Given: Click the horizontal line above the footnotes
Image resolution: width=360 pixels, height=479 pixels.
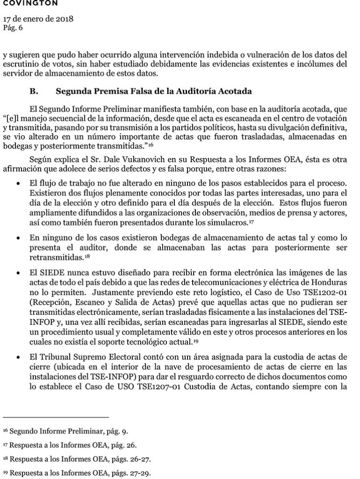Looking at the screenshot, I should point(56,417).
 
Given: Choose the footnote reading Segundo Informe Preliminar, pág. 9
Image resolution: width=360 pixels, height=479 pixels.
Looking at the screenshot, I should point(65,430).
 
